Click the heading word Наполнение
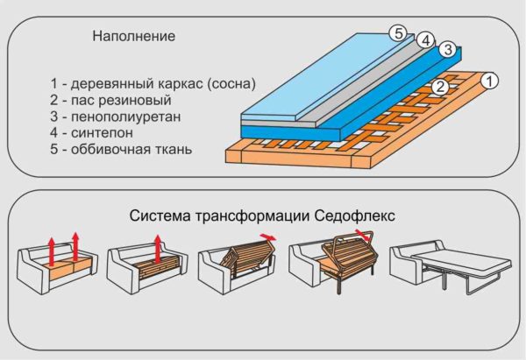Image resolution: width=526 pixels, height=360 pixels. point(134,36)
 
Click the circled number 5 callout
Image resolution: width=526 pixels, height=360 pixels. point(398,33)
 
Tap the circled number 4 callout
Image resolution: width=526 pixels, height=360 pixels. point(426,40)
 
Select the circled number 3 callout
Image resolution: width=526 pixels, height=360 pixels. point(448,49)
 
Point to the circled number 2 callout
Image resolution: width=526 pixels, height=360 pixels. point(440,87)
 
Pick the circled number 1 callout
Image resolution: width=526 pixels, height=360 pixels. point(489,81)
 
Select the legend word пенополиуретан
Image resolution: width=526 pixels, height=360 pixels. point(125,116)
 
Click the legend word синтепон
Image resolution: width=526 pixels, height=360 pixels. point(102,133)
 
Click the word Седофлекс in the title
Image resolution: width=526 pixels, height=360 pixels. point(355,215)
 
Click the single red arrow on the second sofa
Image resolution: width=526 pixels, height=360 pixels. point(157,248)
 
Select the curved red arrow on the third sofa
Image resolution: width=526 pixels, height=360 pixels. point(268,237)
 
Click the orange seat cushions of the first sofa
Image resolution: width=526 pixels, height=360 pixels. point(70,268)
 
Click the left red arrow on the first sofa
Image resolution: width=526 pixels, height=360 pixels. point(51,251)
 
